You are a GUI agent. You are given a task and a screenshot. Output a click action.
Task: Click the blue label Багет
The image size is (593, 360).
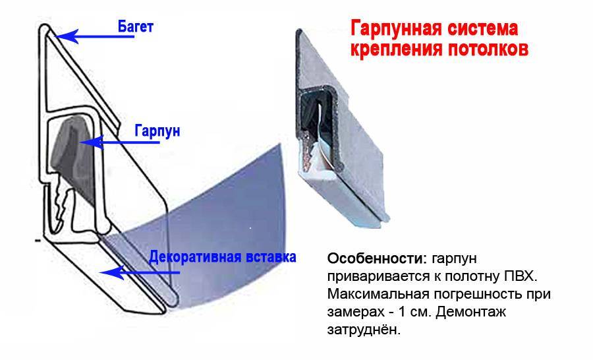click(135, 27)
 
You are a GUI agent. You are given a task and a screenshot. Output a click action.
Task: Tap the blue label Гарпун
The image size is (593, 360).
click(157, 131)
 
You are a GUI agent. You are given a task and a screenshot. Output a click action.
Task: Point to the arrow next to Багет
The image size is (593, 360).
click(94, 36)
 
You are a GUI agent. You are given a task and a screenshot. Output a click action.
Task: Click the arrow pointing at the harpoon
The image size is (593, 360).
click(119, 142)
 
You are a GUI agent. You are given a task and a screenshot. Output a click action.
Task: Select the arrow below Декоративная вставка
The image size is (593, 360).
click(139, 272)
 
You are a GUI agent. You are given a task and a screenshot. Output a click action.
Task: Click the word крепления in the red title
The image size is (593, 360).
click(397, 49)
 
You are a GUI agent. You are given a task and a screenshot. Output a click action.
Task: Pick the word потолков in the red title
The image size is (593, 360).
click(488, 49)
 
